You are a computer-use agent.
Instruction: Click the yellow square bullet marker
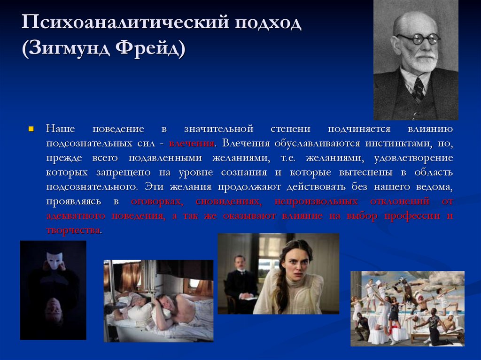tap(31, 129)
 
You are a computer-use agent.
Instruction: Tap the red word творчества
tap(73, 230)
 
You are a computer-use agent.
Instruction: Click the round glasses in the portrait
tap(417, 39)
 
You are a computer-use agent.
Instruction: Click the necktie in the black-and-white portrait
tap(418, 89)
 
